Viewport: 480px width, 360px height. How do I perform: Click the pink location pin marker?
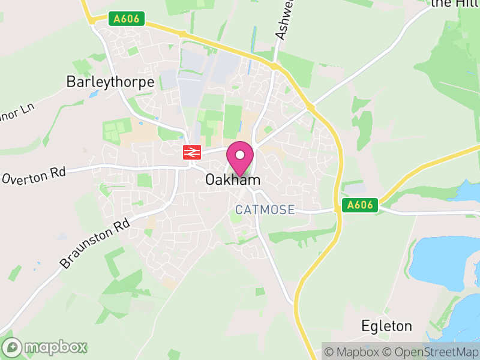coord(240,158)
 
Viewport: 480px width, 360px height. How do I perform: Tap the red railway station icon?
coord(191,152)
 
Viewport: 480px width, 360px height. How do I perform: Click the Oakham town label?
coord(233,180)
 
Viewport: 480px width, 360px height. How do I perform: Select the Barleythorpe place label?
coord(110,82)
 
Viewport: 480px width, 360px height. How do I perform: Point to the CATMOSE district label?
coord(265,210)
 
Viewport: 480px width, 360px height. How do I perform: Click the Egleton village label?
coord(386,326)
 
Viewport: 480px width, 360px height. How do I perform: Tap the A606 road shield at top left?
coord(127,19)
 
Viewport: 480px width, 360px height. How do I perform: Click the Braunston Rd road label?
coord(95,243)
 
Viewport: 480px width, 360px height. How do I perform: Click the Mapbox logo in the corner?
coord(45,347)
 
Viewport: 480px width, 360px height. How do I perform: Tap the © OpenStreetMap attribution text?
coord(431,351)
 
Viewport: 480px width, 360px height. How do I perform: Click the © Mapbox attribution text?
coord(354,351)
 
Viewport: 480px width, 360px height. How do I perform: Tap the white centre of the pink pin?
coord(240,155)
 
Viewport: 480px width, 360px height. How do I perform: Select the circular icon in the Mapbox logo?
coord(12,347)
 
